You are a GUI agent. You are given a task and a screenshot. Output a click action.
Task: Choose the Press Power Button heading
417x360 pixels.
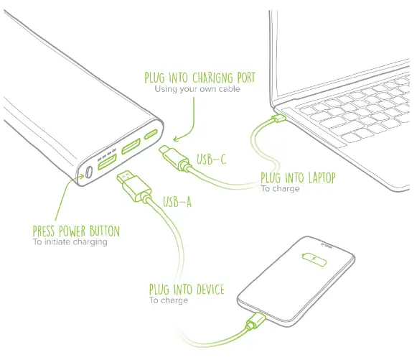click(x=76, y=231)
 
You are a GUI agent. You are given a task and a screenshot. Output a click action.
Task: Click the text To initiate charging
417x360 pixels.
click(x=70, y=242)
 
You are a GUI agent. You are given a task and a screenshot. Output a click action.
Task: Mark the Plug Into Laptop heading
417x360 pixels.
click(x=298, y=178)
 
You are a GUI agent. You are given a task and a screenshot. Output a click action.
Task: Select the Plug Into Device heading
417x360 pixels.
click(x=187, y=290)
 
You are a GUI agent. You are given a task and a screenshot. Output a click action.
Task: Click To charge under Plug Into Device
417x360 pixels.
click(x=169, y=300)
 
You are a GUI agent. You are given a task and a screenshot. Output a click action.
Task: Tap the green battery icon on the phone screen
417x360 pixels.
click(x=313, y=257)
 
